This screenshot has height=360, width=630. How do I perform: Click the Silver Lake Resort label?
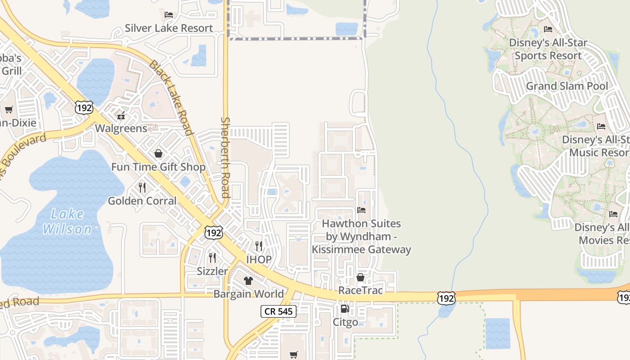(x=169, y=28)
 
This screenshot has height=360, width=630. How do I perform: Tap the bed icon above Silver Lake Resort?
(x=169, y=15)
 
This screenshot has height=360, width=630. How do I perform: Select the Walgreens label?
(x=121, y=128)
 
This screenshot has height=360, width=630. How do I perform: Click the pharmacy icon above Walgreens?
(x=121, y=116)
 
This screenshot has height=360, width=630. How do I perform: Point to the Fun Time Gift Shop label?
(x=158, y=167)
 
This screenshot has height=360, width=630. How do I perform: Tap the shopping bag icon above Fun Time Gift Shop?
(x=158, y=154)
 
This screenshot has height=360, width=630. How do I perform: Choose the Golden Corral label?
(x=142, y=201)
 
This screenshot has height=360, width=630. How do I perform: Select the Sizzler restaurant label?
(x=212, y=271)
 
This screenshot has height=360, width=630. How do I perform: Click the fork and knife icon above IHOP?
(x=259, y=246)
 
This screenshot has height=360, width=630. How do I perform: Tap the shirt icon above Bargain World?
(x=248, y=281)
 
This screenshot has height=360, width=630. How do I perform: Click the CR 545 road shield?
(x=279, y=311)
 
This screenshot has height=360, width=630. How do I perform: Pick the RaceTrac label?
(x=360, y=290)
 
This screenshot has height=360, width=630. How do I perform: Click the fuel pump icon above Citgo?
(x=345, y=309)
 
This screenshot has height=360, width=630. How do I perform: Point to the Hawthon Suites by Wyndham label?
(x=361, y=236)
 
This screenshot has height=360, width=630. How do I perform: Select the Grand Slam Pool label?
(x=567, y=86)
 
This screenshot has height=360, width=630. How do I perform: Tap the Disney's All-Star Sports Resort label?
(x=548, y=49)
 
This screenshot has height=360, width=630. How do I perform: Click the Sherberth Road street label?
(x=226, y=157)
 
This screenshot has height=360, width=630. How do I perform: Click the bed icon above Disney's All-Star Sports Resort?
(x=548, y=30)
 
